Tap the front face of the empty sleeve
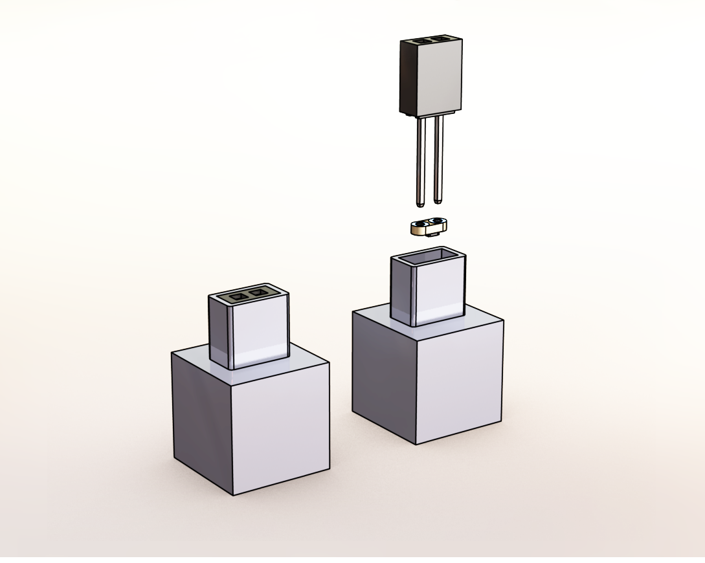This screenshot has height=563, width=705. tap(441, 291)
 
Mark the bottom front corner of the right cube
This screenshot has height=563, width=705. tap(416, 445)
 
